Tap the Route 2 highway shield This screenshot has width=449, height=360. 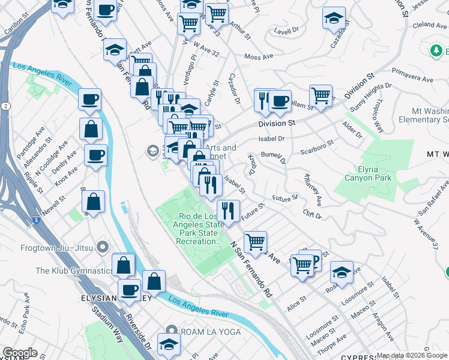click(x=5, y=106)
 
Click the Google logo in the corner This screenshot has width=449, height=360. click(x=20, y=353)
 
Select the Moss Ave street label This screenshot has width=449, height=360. click(x=259, y=56)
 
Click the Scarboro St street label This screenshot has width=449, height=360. click(x=317, y=148)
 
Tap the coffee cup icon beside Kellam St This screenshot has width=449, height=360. click(x=280, y=101)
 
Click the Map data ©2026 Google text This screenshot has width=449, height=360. click(x=412, y=356)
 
